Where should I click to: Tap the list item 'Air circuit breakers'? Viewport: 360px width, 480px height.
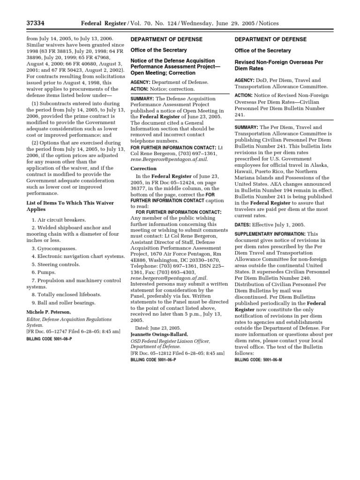[x=59, y=219]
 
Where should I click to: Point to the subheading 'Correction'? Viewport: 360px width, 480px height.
[x=143, y=168]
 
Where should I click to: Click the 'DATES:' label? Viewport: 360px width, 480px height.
[x=243, y=225]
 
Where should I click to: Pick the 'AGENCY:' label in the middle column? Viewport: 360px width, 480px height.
[x=141, y=82]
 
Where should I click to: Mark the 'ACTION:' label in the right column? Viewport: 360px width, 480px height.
[x=244, y=95]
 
